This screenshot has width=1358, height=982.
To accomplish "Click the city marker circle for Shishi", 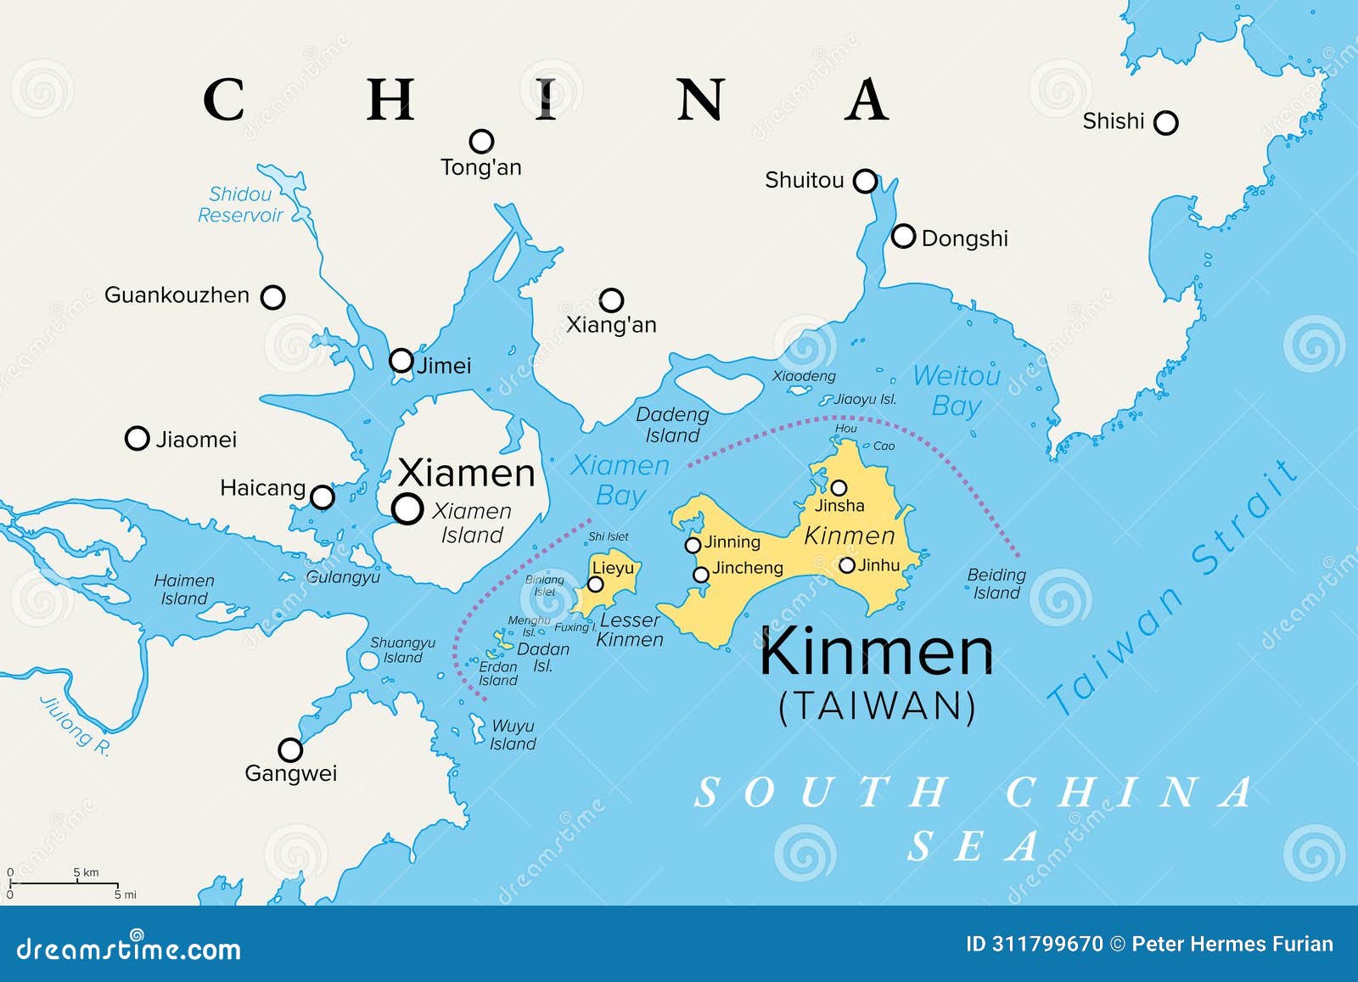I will pos(1166,123).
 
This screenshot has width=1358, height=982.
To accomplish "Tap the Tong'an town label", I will pos(480,167).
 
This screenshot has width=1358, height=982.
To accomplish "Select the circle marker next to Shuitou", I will pos(865,181).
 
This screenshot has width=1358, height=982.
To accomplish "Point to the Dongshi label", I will pos(964,238).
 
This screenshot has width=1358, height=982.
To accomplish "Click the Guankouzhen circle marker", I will pos(272,297).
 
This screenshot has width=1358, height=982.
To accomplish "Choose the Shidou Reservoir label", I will pos(240,205).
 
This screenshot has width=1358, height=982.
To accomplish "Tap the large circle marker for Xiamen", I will pos(407,508).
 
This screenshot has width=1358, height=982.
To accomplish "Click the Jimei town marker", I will pos(401,361).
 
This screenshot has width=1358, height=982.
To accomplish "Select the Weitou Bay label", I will pos(957,390).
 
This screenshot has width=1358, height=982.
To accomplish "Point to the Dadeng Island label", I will pos(672,424).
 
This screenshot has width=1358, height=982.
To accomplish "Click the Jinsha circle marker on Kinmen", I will pos(839,488).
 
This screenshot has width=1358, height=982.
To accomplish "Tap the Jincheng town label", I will pos(747,568).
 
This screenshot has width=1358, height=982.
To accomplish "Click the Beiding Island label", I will pos(996,584).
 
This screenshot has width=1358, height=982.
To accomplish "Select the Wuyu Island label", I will pos(513,735).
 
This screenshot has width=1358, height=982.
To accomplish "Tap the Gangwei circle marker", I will pos(290,750).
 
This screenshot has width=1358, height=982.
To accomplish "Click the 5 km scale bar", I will pos(64,883).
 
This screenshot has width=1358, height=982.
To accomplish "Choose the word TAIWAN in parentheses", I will pos(878,706).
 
